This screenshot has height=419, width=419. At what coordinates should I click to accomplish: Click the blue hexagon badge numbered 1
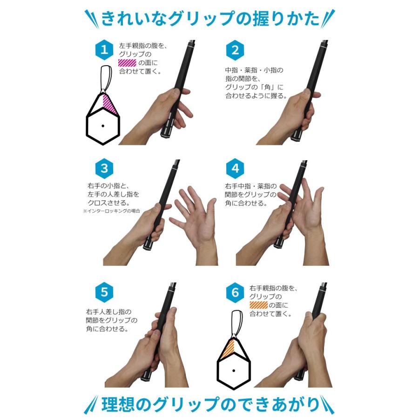click(104, 50)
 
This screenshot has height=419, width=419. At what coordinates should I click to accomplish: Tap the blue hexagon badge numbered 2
click(235, 50)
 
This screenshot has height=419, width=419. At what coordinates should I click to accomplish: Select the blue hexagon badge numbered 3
click(104, 169)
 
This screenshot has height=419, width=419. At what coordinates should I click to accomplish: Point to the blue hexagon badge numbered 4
click(235, 169)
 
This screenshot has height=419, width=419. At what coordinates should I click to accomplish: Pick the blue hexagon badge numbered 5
click(104, 292)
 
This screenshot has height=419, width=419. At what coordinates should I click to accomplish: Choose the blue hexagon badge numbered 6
click(235, 292)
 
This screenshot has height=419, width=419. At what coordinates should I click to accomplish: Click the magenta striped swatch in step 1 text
click(127, 63)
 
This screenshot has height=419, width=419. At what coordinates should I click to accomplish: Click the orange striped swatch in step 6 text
click(258, 305)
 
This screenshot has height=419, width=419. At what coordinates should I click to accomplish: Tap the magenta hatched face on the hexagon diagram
click(109, 104)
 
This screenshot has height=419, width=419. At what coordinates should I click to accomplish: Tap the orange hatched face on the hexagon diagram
click(228, 349)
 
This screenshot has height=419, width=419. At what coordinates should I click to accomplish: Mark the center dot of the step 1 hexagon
click(103, 126)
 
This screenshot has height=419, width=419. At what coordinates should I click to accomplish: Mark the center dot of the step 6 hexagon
click(234, 371)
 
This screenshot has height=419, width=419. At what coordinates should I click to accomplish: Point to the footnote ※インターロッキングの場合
click(111, 211)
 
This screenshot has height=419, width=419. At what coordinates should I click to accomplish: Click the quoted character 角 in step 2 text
click(267, 87)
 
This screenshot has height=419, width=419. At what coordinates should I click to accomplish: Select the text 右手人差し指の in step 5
click(108, 312)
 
